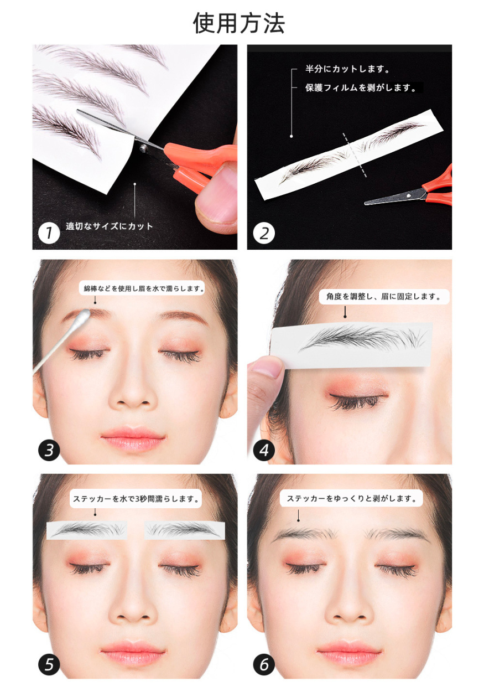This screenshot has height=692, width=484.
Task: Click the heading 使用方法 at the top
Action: [238, 23]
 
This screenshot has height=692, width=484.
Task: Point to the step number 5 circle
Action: [49, 664]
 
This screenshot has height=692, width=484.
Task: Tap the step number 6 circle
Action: [264, 664]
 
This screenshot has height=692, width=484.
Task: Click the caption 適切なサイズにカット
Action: [110, 226]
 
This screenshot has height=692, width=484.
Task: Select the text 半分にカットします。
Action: [347, 69]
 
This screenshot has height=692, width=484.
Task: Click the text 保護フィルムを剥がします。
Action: [361, 87]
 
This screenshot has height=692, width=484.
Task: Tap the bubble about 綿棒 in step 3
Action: [142, 288]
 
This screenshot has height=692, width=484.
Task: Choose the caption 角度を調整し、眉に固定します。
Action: [384, 297]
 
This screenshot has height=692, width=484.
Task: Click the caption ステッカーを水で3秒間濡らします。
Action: [136, 499]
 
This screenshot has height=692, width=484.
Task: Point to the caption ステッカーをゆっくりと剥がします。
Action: [351, 498]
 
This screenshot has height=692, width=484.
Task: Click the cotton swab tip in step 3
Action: [83, 316]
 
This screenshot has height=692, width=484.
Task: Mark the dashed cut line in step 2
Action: [355, 155]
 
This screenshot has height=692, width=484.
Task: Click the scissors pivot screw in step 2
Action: [408, 195]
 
